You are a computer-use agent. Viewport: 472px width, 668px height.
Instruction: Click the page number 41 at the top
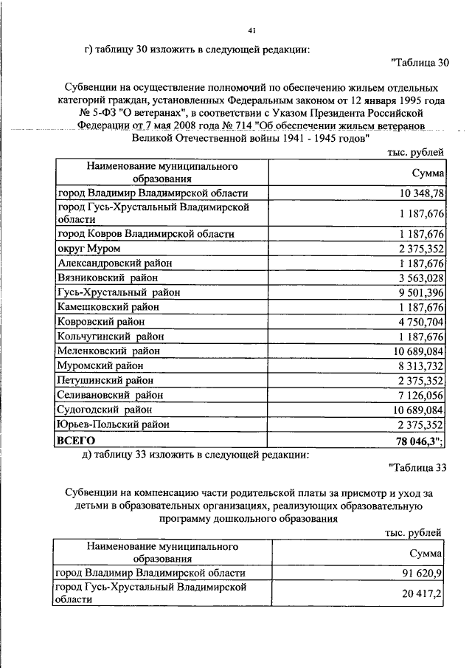coord(251,30)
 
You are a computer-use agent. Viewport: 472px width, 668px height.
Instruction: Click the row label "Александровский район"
coord(114,264)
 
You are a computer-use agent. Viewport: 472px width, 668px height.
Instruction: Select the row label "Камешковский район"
coord(108,307)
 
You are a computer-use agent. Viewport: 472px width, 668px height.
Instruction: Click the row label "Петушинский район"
coord(105,381)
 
